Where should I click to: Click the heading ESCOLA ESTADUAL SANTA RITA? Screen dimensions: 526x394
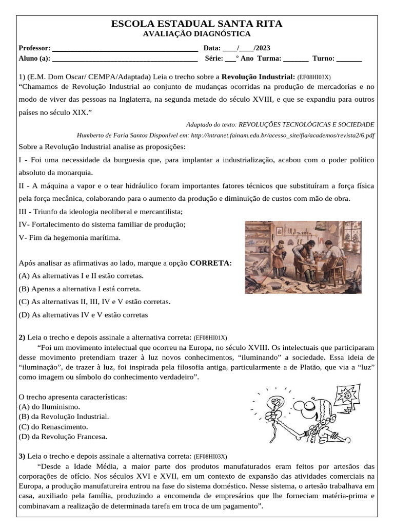pyautogui.click(x=196, y=24)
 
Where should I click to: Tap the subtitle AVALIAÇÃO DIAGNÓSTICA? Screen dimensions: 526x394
pyautogui.click(x=196, y=34)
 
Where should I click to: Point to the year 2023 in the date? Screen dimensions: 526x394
pyautogui.click(x=262, y=48)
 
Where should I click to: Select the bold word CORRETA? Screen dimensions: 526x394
pyautogui.click(x=210, y=263)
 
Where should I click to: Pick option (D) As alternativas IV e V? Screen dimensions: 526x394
pyautogui.click(x=83, y=314)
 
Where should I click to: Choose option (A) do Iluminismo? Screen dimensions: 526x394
pyautogui.click(x=49, y=406)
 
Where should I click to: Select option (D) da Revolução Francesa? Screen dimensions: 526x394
pyautogui.click(x=63, y=437)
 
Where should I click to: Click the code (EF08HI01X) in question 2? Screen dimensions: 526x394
pyautogui.click(x=210, y=338)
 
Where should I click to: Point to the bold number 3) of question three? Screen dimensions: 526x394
pyautogui.click(x=22, y=456)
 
